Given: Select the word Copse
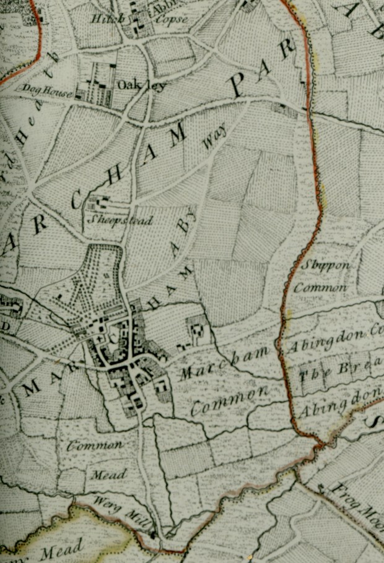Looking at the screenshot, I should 173,20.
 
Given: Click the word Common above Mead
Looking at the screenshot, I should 95,445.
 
